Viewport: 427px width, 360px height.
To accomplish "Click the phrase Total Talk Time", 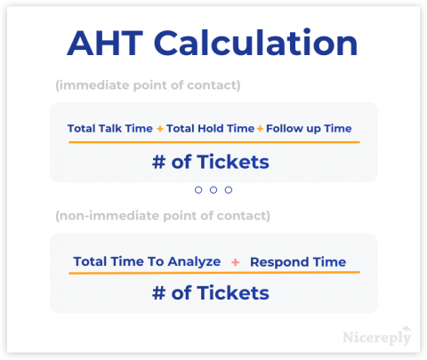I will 109,129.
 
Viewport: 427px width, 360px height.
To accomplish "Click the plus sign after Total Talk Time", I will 160,129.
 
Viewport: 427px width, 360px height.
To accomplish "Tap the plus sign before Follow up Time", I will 261,129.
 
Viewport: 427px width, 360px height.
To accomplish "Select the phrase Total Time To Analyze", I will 146,262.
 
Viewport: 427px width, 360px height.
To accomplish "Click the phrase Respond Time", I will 298,262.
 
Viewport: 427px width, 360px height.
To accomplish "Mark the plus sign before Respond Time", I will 235,262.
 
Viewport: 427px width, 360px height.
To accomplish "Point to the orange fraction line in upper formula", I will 213,142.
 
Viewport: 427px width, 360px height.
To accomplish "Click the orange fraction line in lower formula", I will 213,274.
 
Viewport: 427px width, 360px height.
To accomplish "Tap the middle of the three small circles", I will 213,189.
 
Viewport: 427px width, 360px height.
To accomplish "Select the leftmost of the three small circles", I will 198,189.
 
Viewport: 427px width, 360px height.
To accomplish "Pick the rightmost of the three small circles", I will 229,189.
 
